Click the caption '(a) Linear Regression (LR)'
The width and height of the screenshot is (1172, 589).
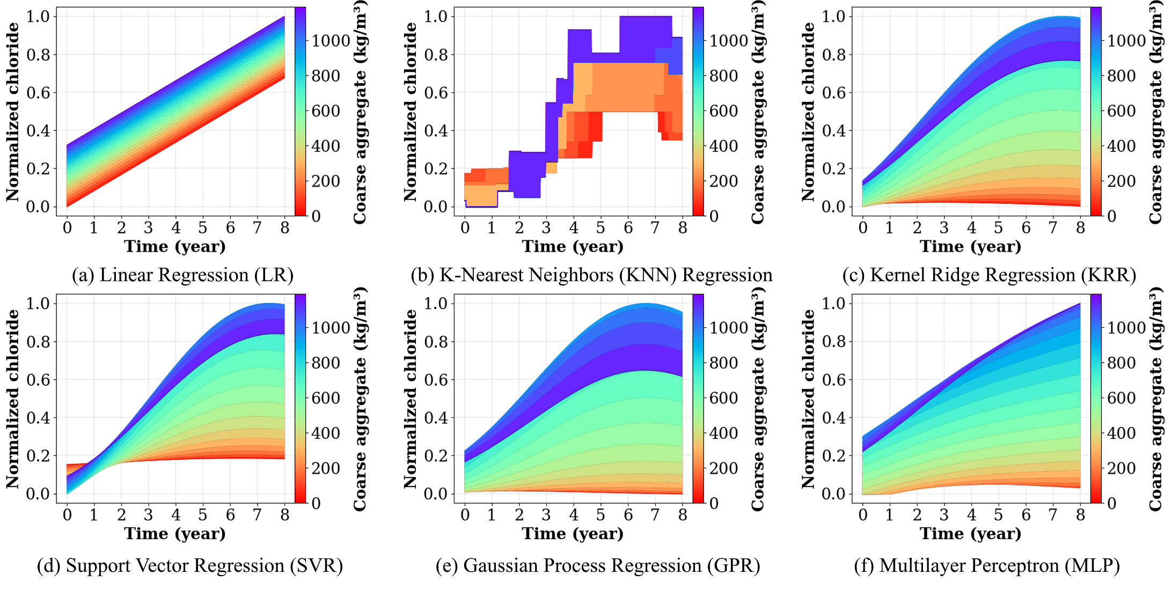tap(182, 275)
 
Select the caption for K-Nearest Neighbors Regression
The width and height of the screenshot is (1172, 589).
tap(591, 275)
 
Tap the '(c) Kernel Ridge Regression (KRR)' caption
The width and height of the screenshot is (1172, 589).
tap(989, 275)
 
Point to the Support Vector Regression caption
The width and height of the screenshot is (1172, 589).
tap(189, 566)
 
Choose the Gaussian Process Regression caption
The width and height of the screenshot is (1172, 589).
tap(598, 566)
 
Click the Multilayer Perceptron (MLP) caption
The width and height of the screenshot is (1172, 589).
tap(987, 566)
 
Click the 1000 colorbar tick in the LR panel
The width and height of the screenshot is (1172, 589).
tap(331, 41)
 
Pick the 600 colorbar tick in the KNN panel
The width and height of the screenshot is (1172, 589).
tap(723, 111)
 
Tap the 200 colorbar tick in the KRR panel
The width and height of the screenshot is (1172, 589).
tap(1120, 181)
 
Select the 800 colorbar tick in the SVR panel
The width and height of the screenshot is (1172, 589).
tap(325, 363)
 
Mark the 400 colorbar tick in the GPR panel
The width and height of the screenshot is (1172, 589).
tap(723, 433)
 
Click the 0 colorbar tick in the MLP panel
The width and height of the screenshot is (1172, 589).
tap(1111, 503)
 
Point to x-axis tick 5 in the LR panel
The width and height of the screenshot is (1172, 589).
tap(202, 228)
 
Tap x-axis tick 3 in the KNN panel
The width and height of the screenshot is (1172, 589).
tap(546, 228)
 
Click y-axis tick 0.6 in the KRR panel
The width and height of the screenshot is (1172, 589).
tap(833, 93)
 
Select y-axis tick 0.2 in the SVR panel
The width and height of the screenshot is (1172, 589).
tap(38, 456)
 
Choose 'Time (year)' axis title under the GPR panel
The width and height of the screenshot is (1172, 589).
tap(573, 534)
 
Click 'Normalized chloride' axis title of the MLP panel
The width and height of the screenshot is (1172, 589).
tap(808, 399)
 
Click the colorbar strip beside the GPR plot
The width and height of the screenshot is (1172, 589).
tap(698, 399)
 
